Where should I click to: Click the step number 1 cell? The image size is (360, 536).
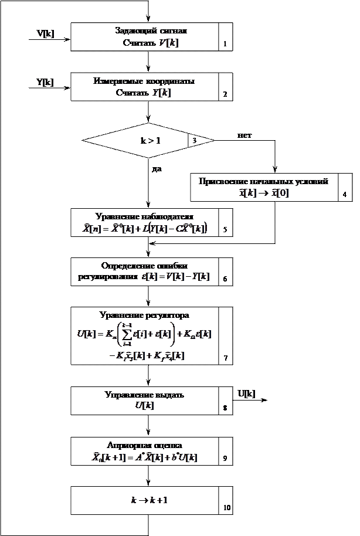tap(225, 37)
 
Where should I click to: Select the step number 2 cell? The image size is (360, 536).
tap(225, 87)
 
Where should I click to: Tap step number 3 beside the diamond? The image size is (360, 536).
tap(195, 141)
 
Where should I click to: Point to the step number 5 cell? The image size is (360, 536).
tap(226, 223)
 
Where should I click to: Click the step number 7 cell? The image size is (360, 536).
tap(226, 336)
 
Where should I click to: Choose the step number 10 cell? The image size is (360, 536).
tap(226, 500)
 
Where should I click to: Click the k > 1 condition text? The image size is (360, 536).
tap(150, 141)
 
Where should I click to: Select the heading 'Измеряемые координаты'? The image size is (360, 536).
tap(144, 81)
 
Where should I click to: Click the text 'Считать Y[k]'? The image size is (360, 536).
tap(144, 93)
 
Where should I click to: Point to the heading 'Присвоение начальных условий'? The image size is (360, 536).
tap(263, 181)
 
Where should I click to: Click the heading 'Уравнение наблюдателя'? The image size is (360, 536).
tap(144, 216)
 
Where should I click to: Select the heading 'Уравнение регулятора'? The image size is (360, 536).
tap(144, 316)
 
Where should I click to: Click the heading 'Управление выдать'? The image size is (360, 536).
tap(144, 395)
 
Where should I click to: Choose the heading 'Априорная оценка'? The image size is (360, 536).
tap(144, 445)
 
